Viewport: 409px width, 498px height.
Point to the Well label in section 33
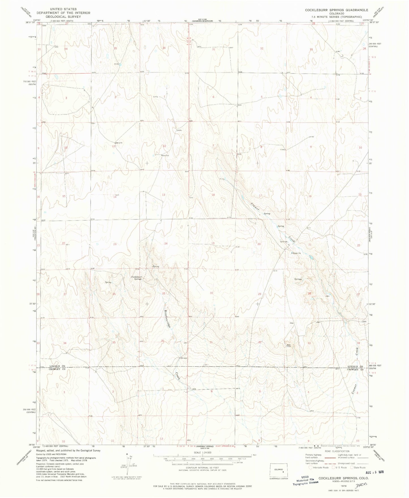click(289, 345)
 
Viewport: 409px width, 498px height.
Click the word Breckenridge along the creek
click(167, 319)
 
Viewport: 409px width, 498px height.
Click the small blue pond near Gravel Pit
click(311, 257)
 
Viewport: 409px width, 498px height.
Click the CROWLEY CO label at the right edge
click(355, 369)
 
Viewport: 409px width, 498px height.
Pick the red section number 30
click(211, 293)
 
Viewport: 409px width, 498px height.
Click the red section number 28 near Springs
click(309, 293)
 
